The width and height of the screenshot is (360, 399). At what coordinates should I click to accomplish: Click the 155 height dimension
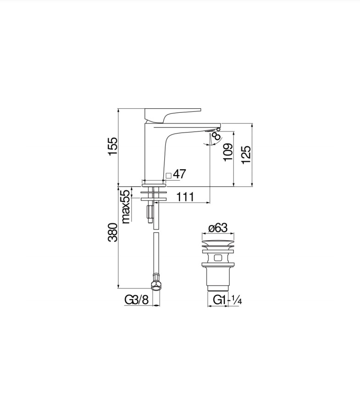[x=113, y=147]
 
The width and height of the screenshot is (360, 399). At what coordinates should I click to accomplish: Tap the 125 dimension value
[x=246, y=155]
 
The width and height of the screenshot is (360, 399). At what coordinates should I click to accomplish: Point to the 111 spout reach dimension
[x=185, y=197]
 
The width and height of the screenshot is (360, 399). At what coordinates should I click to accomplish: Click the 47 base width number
[x=179, y=174]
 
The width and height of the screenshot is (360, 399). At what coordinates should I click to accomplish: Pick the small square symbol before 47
[x=168, y=175]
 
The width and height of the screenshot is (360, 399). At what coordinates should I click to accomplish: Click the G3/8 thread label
[x=136, y=300]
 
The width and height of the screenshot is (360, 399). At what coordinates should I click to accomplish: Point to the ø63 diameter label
[x=218, y=228]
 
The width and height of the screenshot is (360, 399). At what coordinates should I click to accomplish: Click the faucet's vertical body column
[x=154, y=154]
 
